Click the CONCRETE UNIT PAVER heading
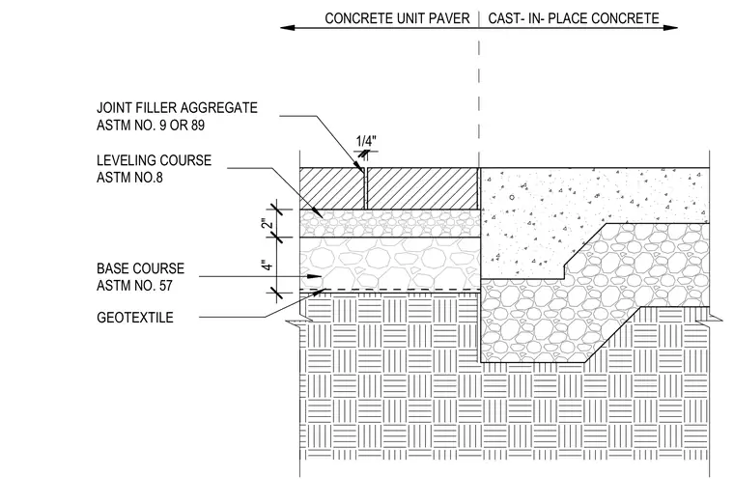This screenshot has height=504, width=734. [x=397, y=18]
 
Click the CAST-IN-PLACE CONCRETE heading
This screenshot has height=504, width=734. [x=574, y=18]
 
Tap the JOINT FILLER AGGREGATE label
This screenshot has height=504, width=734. [x=177, y=107]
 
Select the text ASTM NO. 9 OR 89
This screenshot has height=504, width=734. [x=151, y=126]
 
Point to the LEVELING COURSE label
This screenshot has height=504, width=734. [x=154, y=160]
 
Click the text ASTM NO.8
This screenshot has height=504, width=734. [x=129, y=178]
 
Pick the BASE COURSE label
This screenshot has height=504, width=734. [x=140, y=268]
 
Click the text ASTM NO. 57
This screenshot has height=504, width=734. [x=134, y=286]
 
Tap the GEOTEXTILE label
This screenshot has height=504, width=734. [x=135, y=318]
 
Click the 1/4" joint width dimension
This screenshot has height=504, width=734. [x=366, y=141]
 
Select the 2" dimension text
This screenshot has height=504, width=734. [x=267, y=223]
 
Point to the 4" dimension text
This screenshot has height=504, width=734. [x=267, y=266]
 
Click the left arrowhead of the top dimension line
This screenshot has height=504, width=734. [x=288, y=28]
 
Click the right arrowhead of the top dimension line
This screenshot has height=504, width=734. [x=670, y=28]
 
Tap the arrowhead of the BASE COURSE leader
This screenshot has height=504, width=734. [x=315, y=276]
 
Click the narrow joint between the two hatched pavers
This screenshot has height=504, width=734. [x=366, y=188]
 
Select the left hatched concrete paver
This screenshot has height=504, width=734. [x=332, y=188]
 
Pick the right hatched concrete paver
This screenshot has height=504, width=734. [x=422, y=188]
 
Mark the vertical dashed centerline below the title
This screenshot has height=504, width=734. [x=479, y=89]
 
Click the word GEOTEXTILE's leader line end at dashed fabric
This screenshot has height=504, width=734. [x=325, y=290]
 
